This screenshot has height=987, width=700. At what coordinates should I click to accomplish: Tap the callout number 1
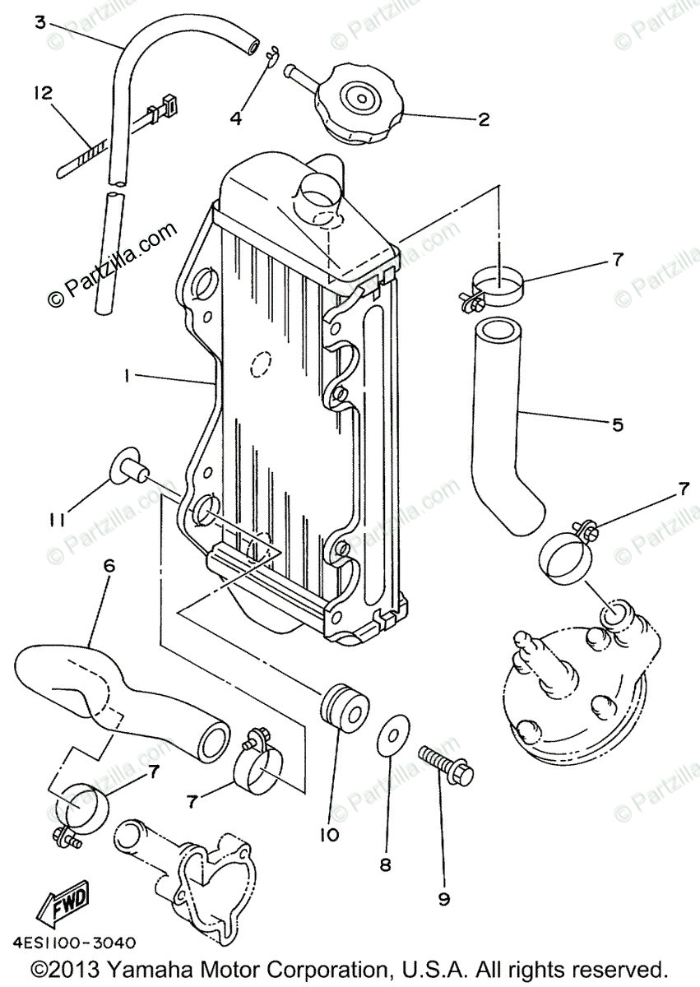pyautogui.click(x=127, y=376)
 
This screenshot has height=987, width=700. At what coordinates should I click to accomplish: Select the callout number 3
pyautogui.click(x=39, y=22)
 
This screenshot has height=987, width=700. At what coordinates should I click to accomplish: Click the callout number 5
pyautogui.click(x=617, y=424)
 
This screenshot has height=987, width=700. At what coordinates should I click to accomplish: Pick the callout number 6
pyautogui.click(x=109, y=566)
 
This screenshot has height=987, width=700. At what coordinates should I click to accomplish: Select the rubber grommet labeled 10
pyautogui.click(x=341, y=707)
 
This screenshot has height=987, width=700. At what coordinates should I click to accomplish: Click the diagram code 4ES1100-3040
pyautogui.click(x=74, y=943)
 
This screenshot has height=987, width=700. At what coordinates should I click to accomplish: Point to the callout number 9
pyautogui.click(x=444, y=899)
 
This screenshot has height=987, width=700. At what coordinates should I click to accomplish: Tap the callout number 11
pyautogui.click(x=55, y=520)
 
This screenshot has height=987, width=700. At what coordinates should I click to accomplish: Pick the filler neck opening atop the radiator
pyautogui.click(x=319, y=193)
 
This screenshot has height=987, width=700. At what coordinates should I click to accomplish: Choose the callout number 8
pyautogui.click(x=385, y=864)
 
